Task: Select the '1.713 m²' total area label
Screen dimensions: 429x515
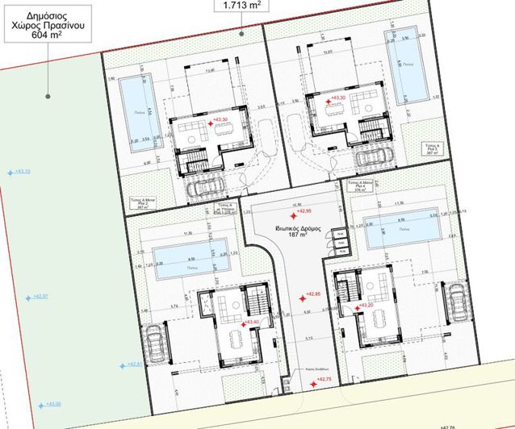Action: [x=241, y=6]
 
